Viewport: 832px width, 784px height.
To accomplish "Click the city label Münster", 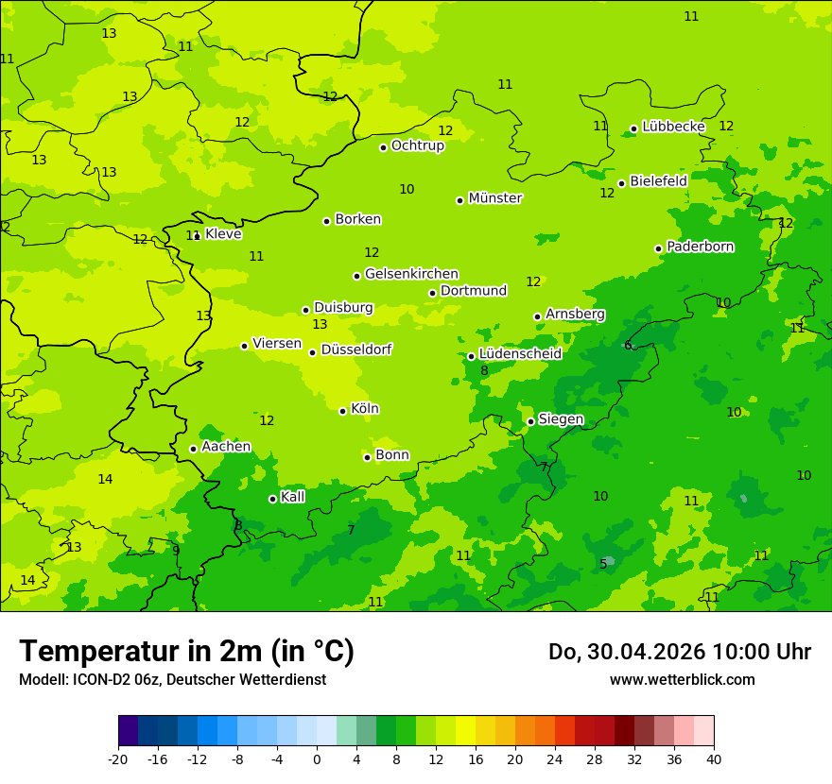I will (x=494, y=198).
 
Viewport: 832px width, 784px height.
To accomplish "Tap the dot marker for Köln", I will (x=342, y=411).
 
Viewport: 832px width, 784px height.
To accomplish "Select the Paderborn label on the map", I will (x=700, y=247).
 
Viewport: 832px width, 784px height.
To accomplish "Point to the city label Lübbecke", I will (x=673, y=127).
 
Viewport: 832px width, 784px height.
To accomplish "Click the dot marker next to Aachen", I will (x=193, y=449).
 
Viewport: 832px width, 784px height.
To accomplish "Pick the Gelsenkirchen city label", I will (x=411, y=274).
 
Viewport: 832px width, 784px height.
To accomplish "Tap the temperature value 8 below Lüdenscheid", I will (x=484, y=371).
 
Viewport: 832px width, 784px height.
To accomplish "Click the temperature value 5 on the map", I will (x=603, y=564).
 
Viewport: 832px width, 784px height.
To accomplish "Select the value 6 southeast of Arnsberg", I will (x=628, y=345).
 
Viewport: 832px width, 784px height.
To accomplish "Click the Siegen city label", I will (x=561, y=419).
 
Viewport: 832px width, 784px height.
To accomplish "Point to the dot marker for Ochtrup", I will (x=383, y=147).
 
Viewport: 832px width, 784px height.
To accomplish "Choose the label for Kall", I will (x=293, y=497).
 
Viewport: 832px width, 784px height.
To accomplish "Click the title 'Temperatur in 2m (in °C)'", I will (x=186, y=651).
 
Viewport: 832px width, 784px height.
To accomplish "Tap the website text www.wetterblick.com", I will (x=682, y=679).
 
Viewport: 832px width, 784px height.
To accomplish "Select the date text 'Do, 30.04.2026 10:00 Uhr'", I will (x=679, y=652).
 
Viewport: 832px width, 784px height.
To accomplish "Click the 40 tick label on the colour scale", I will (x=714, y=759).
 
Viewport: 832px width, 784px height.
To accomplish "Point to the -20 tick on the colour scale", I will (x=118, y=759).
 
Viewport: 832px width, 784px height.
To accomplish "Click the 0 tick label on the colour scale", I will (x=317, y=759).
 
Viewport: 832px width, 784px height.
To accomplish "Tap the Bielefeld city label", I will (x=658, y=181).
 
